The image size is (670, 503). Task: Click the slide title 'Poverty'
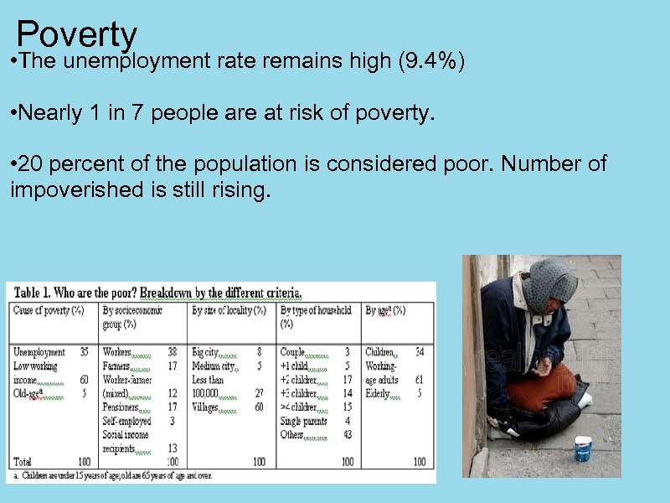[x=76, y=35]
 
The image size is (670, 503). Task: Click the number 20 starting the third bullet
[x=31, y=163]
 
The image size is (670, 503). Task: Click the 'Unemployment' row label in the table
[x=39, y=353]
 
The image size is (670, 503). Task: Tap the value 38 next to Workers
[x=172, y=353]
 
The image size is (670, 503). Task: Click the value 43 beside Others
[x=348, y=434]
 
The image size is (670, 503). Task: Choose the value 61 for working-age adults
[x=419, y=380]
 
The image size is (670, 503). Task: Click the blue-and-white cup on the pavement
[x=583, y=448]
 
